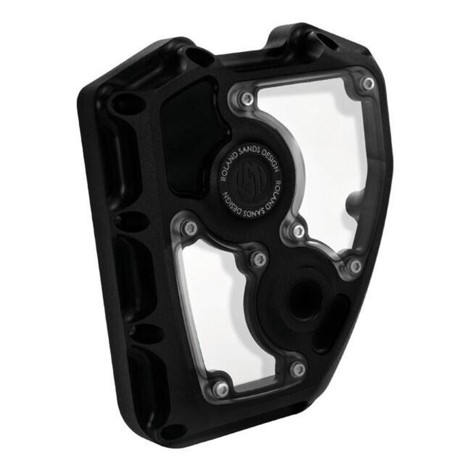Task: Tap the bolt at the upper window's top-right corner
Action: [x=368, y=83]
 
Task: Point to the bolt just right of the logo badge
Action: [x=298, y=231]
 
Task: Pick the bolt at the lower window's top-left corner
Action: [x=190, y=228]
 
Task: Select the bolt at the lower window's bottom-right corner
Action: [x=298, y=369]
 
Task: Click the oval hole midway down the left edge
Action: [x=133, y=221]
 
